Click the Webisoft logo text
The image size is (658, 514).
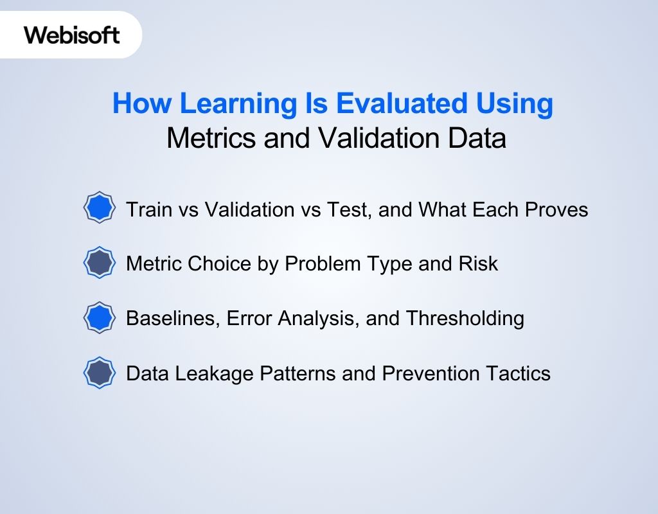[72, 35]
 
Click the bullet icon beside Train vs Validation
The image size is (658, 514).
[100, 208]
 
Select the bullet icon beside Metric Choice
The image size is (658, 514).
[100, 263]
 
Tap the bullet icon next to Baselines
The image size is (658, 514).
[100, 318]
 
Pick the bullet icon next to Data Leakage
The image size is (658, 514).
[100, 373]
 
